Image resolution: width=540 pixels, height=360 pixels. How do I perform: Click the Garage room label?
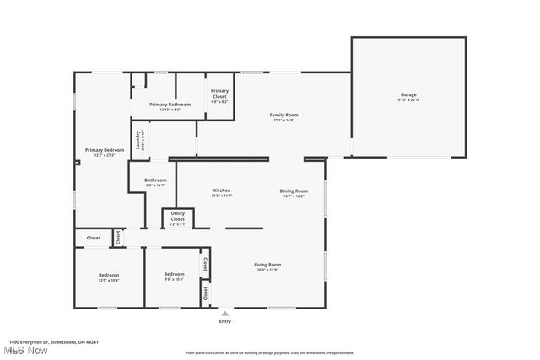[x=408, y=94]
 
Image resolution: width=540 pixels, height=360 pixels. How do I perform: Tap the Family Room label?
[x=284, y=115]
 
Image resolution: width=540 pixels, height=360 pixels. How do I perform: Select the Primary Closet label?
[x=219, y=93]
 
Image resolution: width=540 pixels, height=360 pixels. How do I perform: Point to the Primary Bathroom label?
[x=170, y=105]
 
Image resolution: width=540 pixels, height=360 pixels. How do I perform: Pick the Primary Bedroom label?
[x=105, y=150]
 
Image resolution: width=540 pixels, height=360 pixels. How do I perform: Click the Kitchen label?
[x=222, y=191]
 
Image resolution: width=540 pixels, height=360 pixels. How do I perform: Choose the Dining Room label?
[x=294, y=191]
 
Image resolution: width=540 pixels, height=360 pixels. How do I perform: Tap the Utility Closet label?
[x=178, y=215]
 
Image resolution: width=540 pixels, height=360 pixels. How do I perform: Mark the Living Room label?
[x=267, y=265]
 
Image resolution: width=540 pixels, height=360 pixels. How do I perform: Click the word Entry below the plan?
[x=224, y=321]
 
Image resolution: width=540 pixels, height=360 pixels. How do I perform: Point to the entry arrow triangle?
[x=224, y=313]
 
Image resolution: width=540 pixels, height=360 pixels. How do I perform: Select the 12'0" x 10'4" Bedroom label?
[x=109, y=275]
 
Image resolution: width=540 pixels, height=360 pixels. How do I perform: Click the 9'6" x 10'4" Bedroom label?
[x=174, y=275]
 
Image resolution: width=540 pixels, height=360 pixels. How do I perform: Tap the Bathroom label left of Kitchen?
[x=155, y=180]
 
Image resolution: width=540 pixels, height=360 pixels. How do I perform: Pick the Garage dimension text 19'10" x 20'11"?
[x=408, y=100]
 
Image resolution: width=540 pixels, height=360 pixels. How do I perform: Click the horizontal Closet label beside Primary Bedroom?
[x=93, y=238]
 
